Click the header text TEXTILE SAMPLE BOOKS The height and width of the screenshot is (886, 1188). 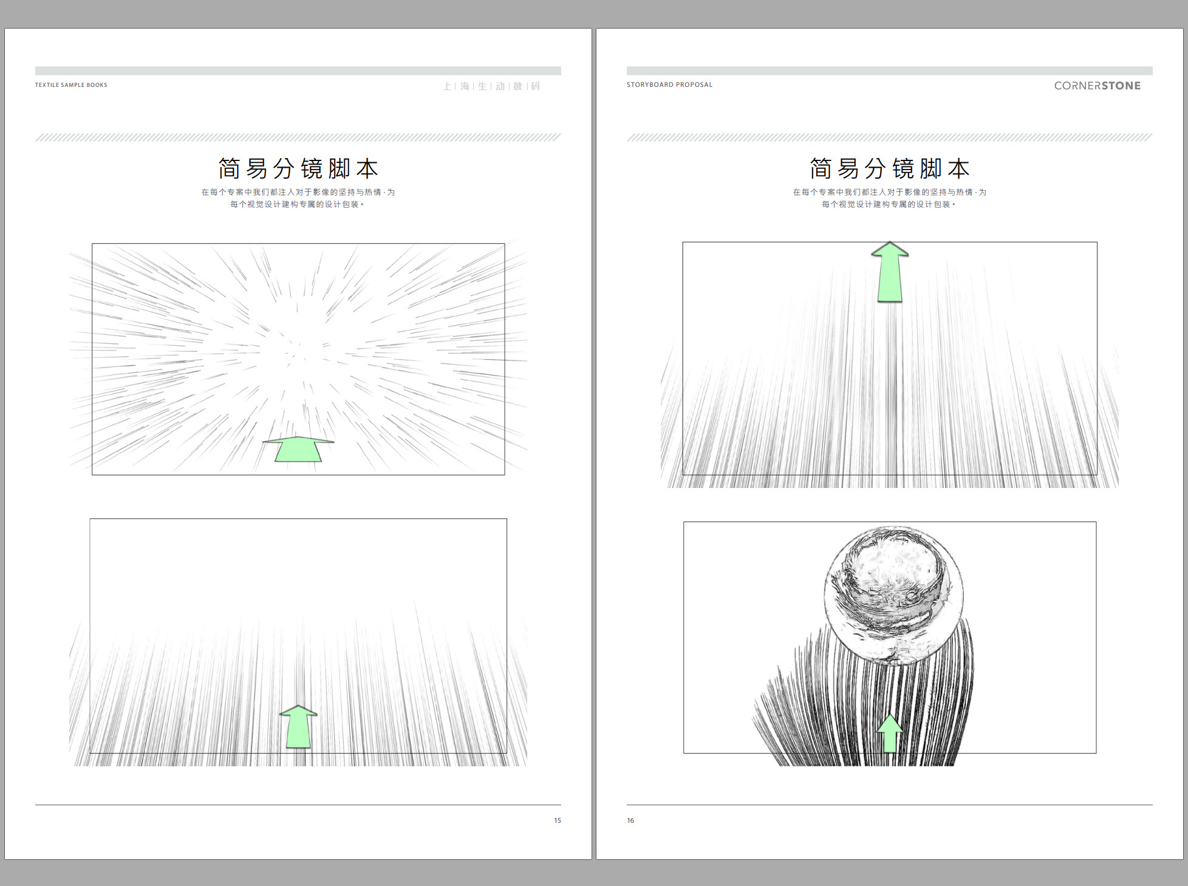[x=71, y=85]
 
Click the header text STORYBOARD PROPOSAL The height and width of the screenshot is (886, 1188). [x=669, y=84]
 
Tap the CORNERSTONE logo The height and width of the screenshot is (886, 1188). [x=1097, y=86]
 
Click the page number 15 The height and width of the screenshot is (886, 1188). [x=557, y=820]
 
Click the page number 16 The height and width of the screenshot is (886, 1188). [x=630, y=820]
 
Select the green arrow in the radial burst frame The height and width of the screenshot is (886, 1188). [x=298, y=449]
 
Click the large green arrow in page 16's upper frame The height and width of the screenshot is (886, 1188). [x=890, y=272]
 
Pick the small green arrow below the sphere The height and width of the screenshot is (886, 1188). [x=890, y=733]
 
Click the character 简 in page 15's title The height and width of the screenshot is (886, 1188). [x=230, y=168]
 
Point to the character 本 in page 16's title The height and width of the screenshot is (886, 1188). [x=958, y=168]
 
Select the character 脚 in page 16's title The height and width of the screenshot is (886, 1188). [x=931, y=168]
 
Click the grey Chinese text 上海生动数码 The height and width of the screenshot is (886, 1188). [x=491, y=86]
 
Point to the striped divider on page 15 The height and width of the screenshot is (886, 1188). [x=298, y=137]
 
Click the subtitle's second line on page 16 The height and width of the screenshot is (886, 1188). [x=889, y=204]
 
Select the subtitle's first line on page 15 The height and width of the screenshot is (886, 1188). [x=298, y=192]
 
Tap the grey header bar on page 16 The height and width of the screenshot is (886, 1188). [x=889, y=70]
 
